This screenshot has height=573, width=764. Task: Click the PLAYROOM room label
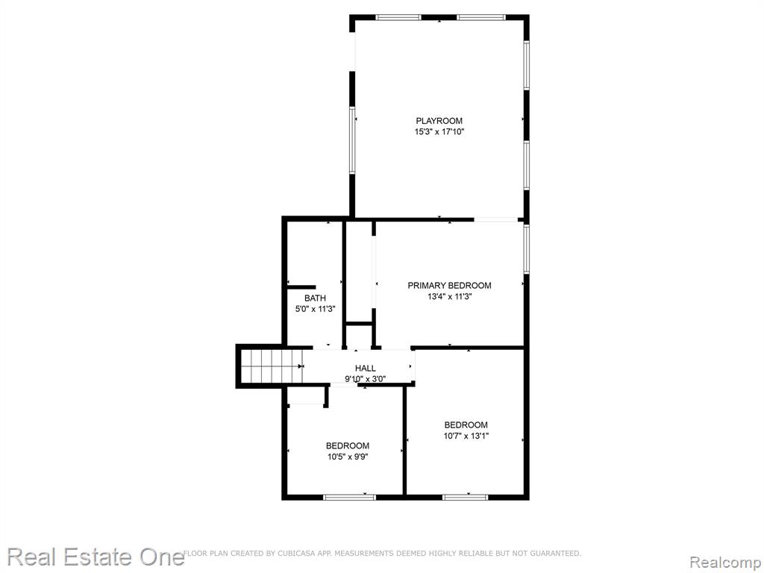(x=439, y=121)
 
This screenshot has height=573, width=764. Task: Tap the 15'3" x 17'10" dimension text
(x=439, y=131)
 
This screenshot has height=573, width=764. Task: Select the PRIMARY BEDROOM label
(x=449, y=286)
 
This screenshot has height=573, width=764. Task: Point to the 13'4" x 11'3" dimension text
(x=449, y=296)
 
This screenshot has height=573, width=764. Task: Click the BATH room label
(x=316, y=298)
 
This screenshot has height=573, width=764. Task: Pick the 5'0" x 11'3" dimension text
(x=316, y=309)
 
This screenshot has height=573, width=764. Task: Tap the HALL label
(x=366, y=369)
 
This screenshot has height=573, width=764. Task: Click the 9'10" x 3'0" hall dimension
(x=366, y=379)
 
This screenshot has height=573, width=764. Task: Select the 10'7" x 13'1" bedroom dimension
(x=466, y=436)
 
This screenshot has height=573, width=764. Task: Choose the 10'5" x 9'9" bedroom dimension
(x=348, y=457)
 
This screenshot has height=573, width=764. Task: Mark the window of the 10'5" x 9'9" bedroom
(x=349, y=497)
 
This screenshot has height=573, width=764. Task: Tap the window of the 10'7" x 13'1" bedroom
(x=466, y=497)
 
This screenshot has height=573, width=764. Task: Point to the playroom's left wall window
(x=352, y=140)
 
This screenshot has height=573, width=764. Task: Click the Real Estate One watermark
(x=95, y=557)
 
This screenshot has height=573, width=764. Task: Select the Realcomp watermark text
(x=726, y=563)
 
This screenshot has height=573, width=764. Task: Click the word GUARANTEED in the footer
(x=555, y=554)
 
